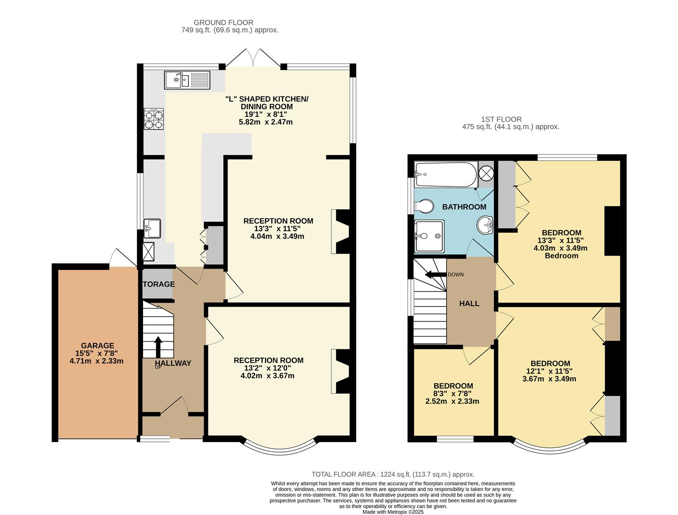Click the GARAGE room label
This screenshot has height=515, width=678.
tap(97, 346)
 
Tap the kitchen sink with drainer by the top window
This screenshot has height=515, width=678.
tap(187, 80)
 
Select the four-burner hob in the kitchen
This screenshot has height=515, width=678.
tap(154, 119)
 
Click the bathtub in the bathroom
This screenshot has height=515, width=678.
tap(446, 175)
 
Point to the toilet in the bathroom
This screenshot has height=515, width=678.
tap(424, 206)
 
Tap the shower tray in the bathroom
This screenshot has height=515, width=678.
tap(429, 236)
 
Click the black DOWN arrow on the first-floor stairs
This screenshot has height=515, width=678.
tap(434, 274)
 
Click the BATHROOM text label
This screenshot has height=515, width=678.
tap(464, 207)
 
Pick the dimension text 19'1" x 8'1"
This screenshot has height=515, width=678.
tap(266, 114)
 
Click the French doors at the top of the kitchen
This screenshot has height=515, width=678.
tap(253, 60)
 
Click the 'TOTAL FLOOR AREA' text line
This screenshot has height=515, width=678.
tap(393, 474)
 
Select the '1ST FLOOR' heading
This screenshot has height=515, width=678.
tap(501, 119)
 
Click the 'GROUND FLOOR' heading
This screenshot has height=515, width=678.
tap(223, 22)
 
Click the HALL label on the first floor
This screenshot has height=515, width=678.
tap(469, 304)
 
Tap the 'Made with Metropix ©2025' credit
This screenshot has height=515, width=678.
tap(393, 512)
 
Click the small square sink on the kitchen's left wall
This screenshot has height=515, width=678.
tap(153, 227)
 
